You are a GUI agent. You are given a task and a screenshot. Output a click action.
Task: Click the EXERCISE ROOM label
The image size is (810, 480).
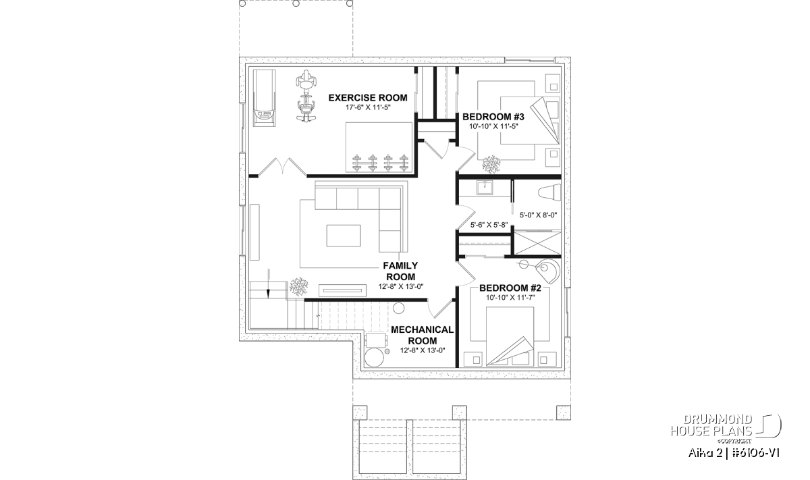pyautogui.click(x=368, y=98)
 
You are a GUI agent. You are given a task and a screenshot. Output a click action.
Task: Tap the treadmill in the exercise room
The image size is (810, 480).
pyautogui.click(x=264, y=98)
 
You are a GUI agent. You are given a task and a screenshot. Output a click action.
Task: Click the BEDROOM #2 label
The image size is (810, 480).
pyautogui.click(x=510, y=288)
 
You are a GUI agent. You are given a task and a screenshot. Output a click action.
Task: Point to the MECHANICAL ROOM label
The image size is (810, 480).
pyautogui.click(x=422, y=335)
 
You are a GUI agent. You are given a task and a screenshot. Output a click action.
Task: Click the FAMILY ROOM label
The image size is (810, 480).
pyautogui.click(x=401, y=271)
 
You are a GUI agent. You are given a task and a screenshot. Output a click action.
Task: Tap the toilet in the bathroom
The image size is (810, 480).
pyautogui.click(x=549, y=192)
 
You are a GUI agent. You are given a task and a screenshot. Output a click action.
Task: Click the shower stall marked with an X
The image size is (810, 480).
pyautogui.click(x=537, y=243)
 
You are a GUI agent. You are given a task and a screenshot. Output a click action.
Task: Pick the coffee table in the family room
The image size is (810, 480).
pyautogui.click(x=343, y=236)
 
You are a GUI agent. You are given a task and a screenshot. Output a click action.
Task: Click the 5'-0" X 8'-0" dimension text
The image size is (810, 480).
pyautogui.click(x=538, y=215)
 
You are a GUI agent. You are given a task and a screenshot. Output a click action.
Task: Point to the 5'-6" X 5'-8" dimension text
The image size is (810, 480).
pyautogui.click(x=489, y=225)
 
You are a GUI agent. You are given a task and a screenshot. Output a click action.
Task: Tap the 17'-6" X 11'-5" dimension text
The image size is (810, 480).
pyautogui.click(x=368, y=107)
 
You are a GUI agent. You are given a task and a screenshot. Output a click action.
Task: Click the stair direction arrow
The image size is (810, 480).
pyautogui.click(x=269, y=284)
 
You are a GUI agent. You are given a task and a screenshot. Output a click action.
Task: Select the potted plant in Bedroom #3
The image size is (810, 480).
pyautogui.click(x=491, y=164)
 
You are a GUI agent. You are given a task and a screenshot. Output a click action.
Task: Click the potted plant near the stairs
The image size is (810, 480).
pyautogui.click(x=298, y=286)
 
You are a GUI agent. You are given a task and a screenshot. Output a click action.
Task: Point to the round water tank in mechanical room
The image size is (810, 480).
pyautogui.click(x=374, y=358)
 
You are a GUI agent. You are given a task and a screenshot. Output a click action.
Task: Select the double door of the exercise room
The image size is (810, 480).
pyautogui.click(x=283, y=167)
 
